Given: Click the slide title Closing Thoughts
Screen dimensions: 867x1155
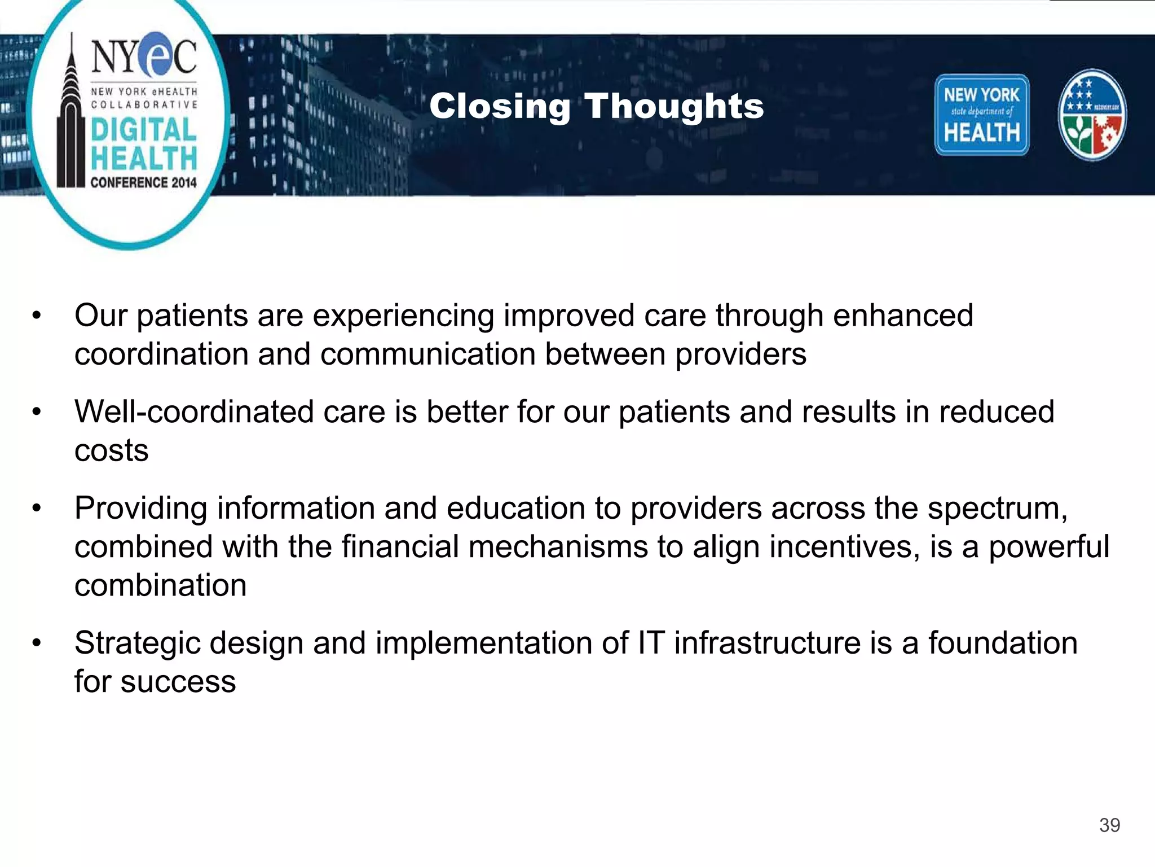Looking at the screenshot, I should (x=596, y=106).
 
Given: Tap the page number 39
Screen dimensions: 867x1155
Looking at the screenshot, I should (x=1109, y=825).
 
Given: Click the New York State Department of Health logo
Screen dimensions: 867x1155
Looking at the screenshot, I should (x=981, y=115).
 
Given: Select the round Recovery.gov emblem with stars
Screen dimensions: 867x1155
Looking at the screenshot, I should (x=1092, y=115).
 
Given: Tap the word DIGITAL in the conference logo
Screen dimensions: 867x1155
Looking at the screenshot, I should (x=144, y=129).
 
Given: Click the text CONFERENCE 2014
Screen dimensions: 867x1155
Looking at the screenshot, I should (x=143, y=182).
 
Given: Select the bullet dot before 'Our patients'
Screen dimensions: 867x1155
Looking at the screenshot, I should (x=37, y=316).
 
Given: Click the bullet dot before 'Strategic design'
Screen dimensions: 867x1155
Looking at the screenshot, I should (x=37, y=643).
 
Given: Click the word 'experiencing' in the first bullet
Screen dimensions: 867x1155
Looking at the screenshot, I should (x=403, y=316).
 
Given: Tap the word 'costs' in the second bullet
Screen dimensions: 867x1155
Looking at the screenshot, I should (x=111, y=450).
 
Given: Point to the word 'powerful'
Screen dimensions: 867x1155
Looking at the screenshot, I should (x=1048, y=547).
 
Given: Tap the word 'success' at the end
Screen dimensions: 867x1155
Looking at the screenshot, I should (x=178, y=682).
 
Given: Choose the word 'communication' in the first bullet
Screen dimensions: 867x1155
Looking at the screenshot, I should (x=427, y=354).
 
